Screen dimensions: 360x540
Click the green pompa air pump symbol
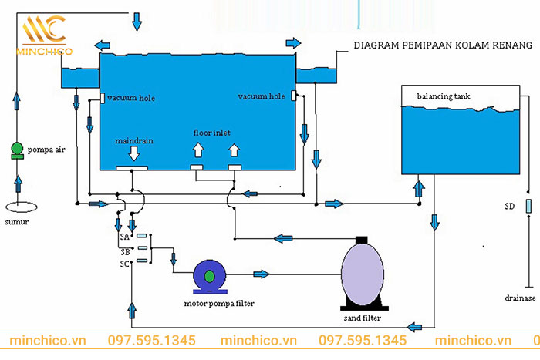17,150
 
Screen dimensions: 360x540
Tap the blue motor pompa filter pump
208,275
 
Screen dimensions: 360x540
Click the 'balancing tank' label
444,96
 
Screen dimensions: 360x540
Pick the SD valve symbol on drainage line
528,207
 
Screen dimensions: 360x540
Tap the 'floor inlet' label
212,133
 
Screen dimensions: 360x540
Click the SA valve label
125,236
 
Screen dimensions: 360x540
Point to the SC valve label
125,264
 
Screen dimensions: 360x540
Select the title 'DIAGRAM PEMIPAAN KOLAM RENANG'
443,45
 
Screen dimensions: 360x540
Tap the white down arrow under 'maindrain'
134,154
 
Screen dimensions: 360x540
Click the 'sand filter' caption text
361,318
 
